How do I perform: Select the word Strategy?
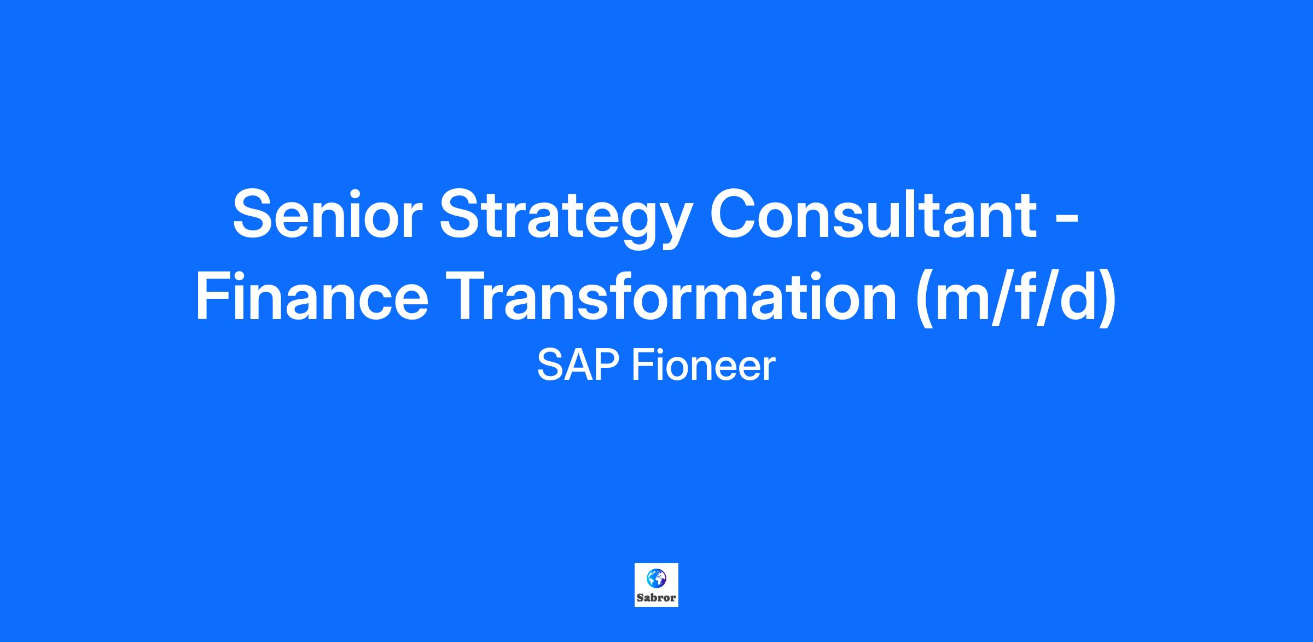pos(563,219)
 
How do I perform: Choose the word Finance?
pos(312,296)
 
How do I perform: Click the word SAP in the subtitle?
pos(579,366)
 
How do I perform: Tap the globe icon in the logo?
pos(656,577)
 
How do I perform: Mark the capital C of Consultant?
pos(735,214)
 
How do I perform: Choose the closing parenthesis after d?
pos(1106,299)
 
